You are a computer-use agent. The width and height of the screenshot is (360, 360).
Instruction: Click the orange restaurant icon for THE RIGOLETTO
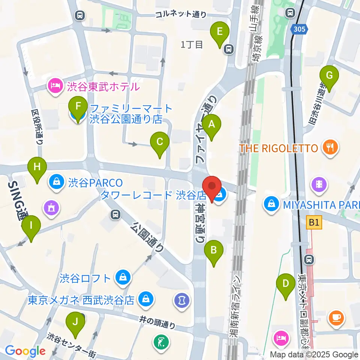[330, 148]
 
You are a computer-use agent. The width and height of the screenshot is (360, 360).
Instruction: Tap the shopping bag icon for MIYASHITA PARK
[271, 204]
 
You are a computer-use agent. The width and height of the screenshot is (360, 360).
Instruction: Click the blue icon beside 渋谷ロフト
[123, 278]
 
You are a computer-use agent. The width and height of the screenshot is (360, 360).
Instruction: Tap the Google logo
[25, 351]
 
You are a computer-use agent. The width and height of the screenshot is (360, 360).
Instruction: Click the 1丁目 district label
[192, 45]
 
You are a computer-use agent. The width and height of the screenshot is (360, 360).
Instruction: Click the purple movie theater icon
[319, 184]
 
